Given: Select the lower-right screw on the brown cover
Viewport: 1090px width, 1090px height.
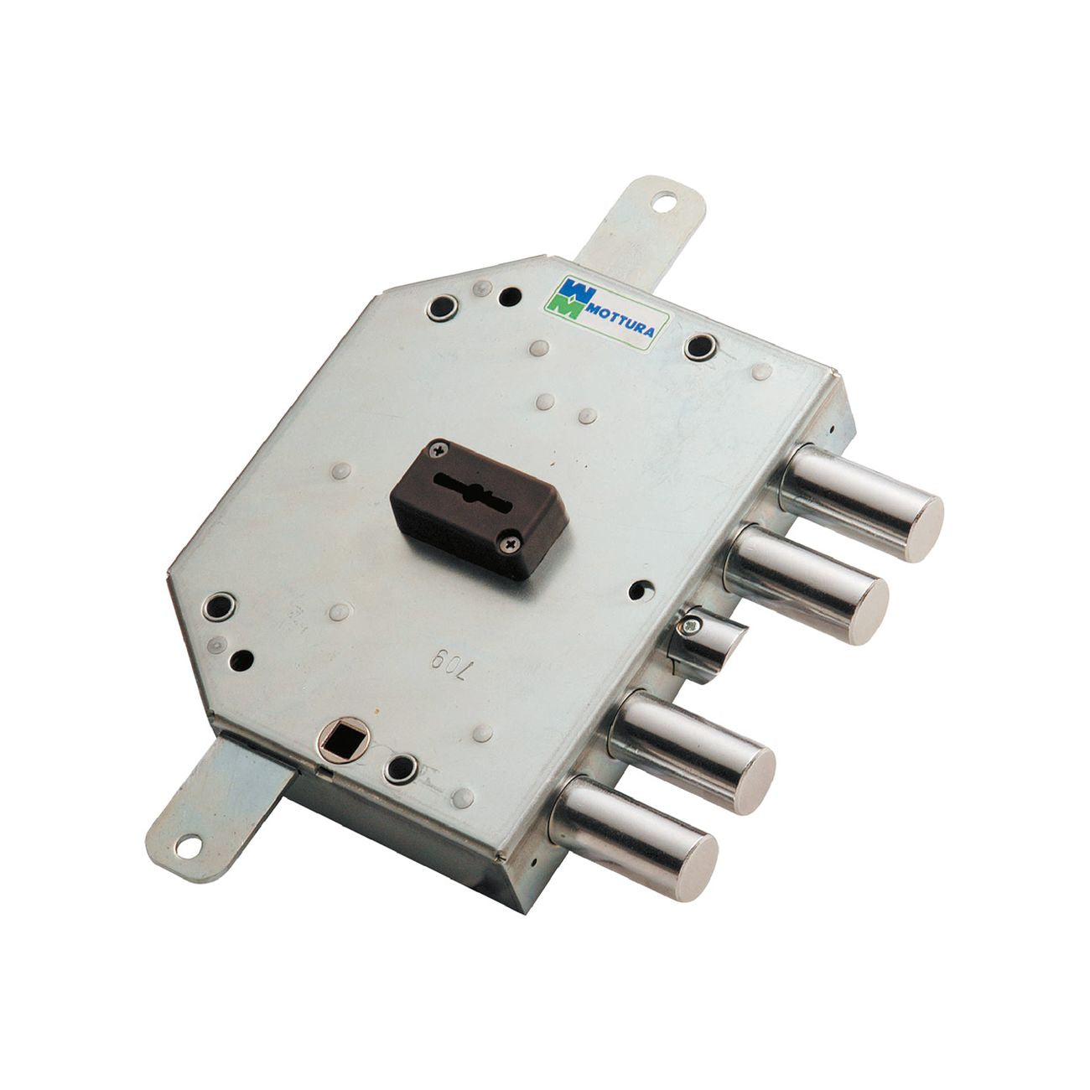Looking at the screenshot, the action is click(x=510, y=543).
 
